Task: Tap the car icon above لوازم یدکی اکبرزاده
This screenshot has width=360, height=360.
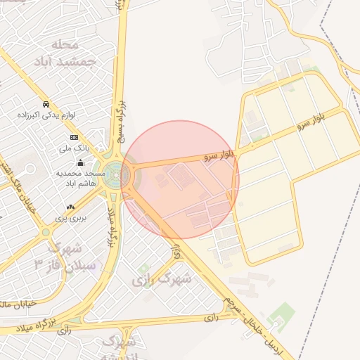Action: pyautogui.click(x=46, y=103)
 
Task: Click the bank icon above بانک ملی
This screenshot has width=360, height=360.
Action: pyautogui.click(x=74, y=137)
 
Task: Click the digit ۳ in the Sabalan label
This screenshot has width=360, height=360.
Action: pyautogui.click(x=39, y=265)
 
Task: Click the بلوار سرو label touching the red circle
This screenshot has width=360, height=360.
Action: pyautogui.click(x=217, y=156)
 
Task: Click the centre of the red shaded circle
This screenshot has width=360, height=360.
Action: pyautogui.click(x=181, y=179)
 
